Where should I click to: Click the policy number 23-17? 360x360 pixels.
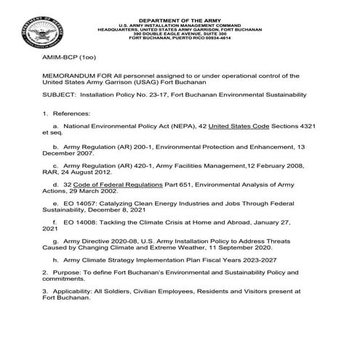point(165,95)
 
